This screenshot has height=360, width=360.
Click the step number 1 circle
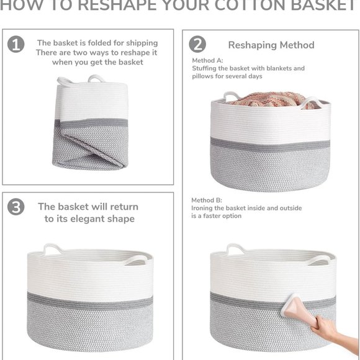(x=16, y=44)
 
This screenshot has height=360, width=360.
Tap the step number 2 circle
(x=197, y=44)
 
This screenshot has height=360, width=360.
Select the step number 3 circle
(x=16, y=207)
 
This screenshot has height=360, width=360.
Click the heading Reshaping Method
(x=271, y=45)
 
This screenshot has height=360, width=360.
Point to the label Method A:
(x=207, y=60)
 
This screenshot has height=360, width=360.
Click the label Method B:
(x=207, y=200)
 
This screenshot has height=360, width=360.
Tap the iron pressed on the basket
(x=297, y=307)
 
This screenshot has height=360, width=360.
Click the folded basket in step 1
(x=91, y=124)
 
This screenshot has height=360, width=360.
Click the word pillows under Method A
(x=204, y=76)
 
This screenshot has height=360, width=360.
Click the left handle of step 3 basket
(x=52, y=249)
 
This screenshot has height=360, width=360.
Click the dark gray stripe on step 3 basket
(x=90, y=303)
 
